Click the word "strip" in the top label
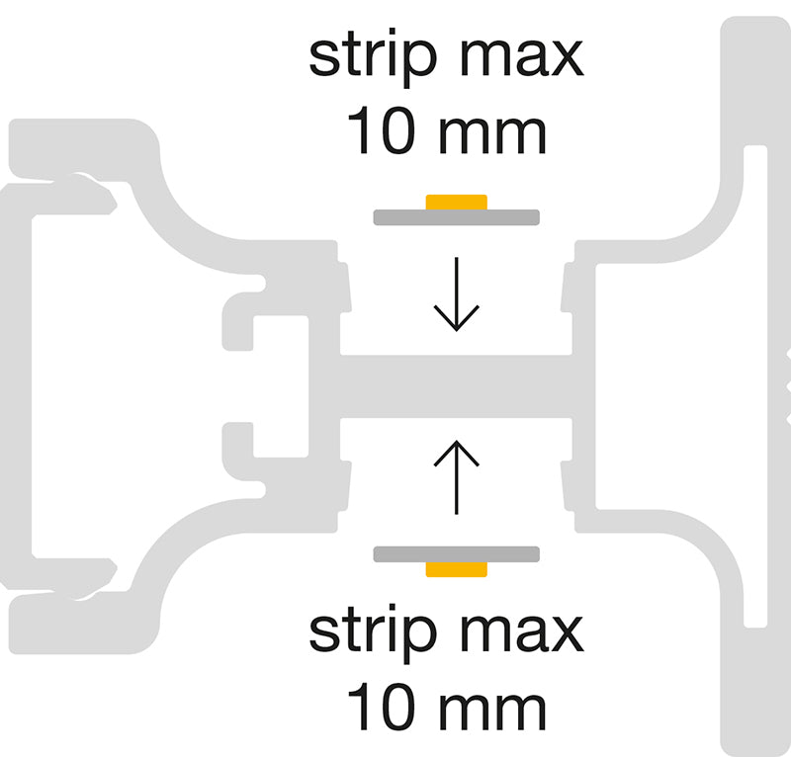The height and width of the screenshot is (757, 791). click(x=373, y=58)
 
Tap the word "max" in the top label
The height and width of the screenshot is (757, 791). click(x=522, y=58)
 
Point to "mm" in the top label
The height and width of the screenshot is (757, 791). click(x=492, y=136)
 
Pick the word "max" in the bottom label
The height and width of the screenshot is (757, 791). click(x=522, y=633)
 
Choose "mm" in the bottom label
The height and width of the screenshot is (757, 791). click(x=492, y=713)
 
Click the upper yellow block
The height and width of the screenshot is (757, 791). click(x=457, y=203)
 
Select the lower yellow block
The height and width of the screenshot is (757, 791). click(x=457, y=569)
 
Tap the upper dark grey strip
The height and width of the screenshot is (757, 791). click(x=457, y=217)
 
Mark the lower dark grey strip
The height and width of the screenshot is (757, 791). click(x=457, y=554)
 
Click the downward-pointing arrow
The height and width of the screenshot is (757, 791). click(x=457, y=294)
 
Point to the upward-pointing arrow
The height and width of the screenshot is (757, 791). click(x=457, y=477)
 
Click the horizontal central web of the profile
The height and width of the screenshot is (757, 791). click(x=456, y=386)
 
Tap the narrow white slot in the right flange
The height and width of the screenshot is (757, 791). click(x=755, y=386)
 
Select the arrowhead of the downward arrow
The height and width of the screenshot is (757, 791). click(x=457, y=318)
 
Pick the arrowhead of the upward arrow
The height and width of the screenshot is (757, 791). click(x=457, y=454)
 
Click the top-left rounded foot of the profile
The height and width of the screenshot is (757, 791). click(x=83, y=149)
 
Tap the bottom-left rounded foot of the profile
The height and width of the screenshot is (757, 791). click(x=83, y=624)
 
